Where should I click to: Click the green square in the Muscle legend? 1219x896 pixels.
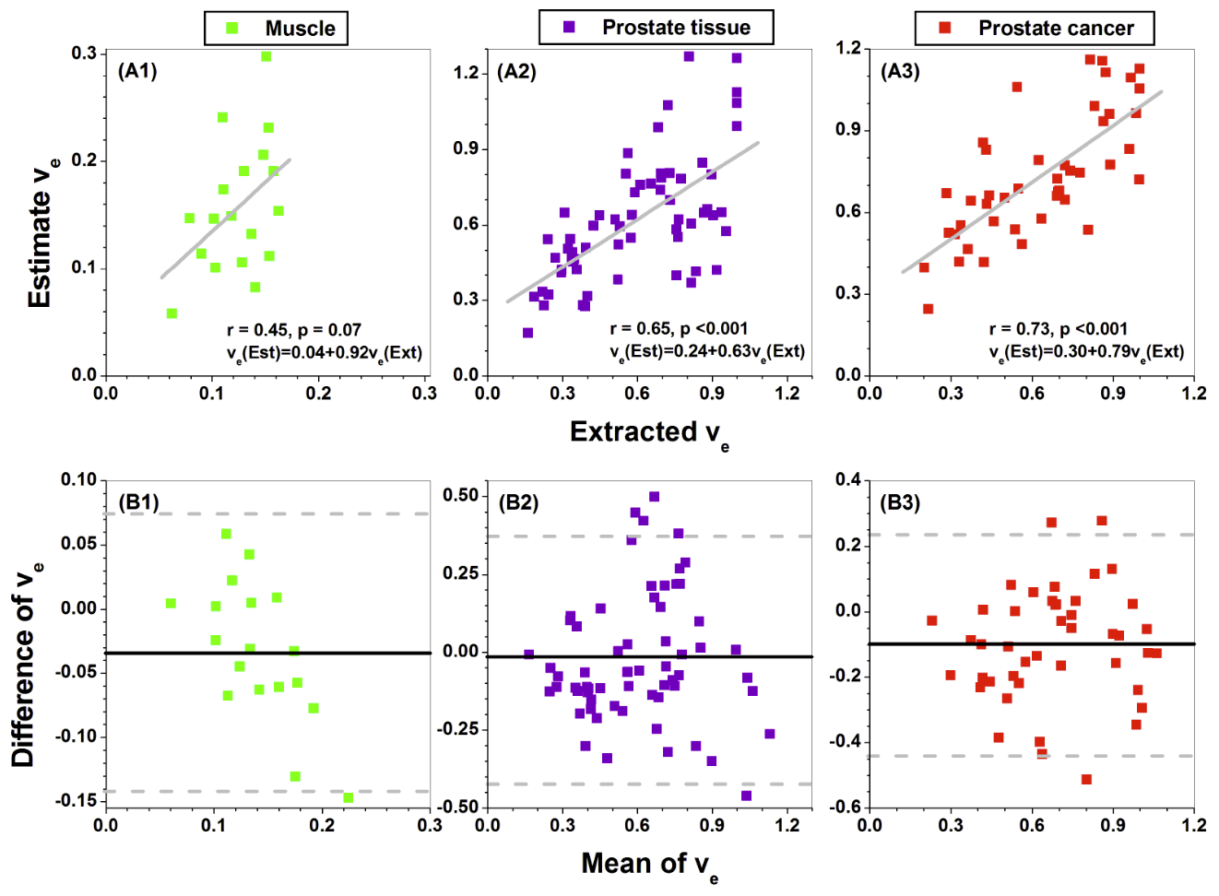(232, 29)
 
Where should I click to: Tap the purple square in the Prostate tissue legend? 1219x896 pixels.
(569, 28)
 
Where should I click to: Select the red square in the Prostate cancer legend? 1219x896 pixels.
(945, 29)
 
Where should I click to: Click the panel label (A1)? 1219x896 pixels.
(137, 71)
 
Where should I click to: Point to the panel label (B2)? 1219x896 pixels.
(518, 502)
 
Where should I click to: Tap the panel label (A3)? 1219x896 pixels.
(900, 71)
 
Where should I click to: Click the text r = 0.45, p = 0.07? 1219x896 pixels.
(294, 329)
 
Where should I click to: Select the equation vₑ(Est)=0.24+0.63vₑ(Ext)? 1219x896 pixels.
(707, 351)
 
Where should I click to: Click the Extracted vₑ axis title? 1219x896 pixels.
(649, 432)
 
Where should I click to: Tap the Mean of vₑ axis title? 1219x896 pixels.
(649, 865)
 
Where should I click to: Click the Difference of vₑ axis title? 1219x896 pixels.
(26, 664)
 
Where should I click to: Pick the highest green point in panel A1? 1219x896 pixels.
(266, 56)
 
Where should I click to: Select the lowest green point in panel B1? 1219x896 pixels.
(349, 797)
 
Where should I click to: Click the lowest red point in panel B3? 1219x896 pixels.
(1086, 779)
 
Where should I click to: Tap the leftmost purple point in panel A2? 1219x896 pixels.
(527, 333)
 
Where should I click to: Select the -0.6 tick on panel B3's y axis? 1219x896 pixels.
(847, 807)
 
